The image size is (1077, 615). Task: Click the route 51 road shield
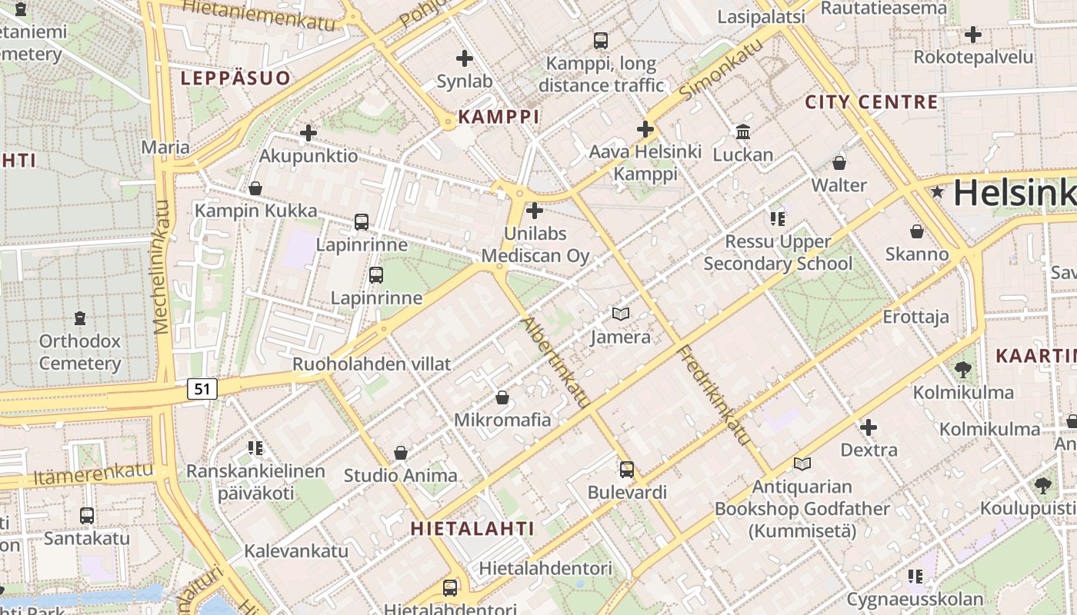[x=202, y=389]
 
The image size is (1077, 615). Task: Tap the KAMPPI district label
[x=498, y=118]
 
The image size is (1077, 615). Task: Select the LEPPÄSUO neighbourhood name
[x=235, y=78]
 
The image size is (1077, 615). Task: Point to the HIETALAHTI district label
[x=472, y=528]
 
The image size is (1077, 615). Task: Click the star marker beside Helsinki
[x=937, y=192]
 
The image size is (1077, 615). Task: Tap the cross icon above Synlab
[x=465, y=58]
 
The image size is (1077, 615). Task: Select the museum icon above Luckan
[x=743, y=132]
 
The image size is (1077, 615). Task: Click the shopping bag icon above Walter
[x=839, y=163]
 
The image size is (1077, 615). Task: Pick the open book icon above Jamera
[x=621, y=314]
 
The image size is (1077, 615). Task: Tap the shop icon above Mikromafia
[x=502, y=397]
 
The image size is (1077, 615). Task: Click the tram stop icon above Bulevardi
[x=627, y=469]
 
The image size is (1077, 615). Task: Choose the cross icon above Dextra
[x=869, y=427]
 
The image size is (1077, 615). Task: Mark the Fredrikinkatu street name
[x=713, y=395]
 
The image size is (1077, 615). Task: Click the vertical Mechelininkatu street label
[x=162, y=267]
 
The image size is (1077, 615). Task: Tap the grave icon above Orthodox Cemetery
[x=80, y=317]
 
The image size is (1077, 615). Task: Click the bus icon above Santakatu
[x=87, y=515]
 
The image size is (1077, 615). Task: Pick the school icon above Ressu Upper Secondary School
[x=778, y=219]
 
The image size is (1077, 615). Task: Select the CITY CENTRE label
[x=872, y=102]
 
